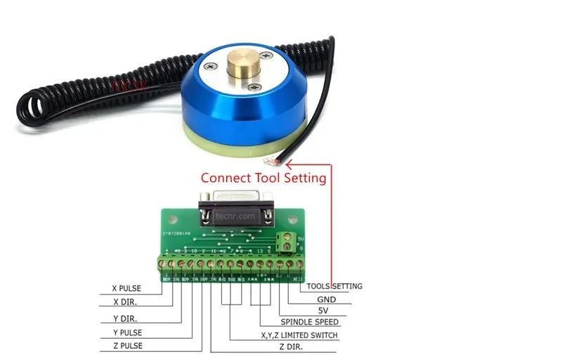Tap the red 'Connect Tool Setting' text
[x=263, y=178]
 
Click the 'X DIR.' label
[x=126, y=303]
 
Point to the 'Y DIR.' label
[x=126, y=319]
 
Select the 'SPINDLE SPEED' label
[x=309, y=322]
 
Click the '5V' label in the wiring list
[x=322, y=310]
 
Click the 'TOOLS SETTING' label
[x=334, y=286]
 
